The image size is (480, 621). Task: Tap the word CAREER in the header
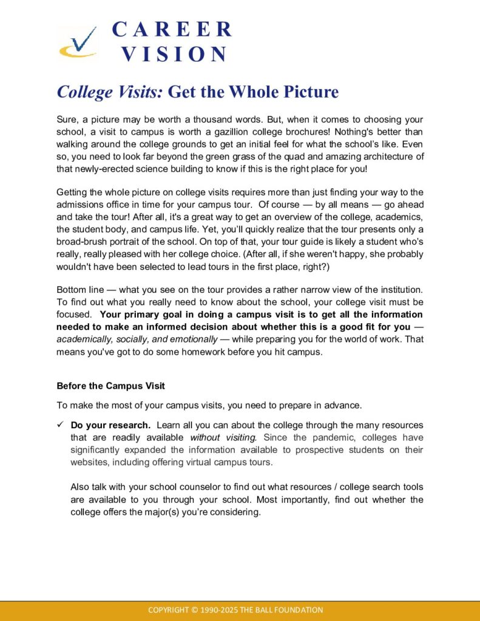[x=172, y=29]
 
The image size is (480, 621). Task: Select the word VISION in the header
[x=174, y=54]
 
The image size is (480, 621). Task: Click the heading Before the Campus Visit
[x=110, y=386]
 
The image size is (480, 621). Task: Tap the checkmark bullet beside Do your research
[x=61, y=425]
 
